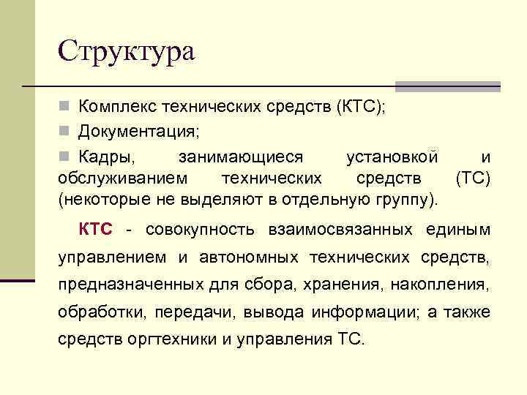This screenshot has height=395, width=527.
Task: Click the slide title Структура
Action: (x=127, y=51)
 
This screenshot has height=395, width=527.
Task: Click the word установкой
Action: (x=392, y=157)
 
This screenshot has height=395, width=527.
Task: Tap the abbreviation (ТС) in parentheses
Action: (x=473, y=178)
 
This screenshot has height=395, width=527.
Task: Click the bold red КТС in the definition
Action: (x=96, y=230)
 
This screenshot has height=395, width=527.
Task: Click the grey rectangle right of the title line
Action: (x=448, y=86)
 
